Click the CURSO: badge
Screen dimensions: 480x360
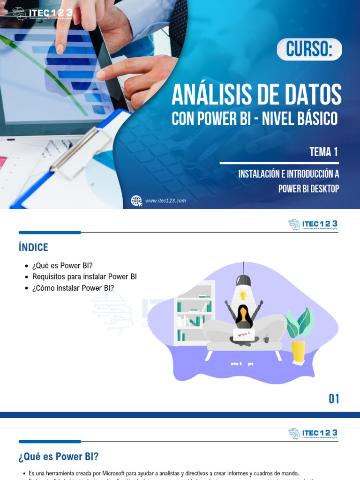click(x=309, y=49)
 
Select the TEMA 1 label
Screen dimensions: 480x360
click(x=323, y=152)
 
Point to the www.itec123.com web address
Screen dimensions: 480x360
click(x=165, y=201)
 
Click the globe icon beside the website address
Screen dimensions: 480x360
click(x=136, y=201)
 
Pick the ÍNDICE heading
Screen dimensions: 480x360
click(x=33, y=247)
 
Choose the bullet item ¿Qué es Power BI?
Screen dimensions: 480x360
click(x=62, y=266)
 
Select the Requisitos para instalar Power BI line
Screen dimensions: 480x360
click(x=84, y=277)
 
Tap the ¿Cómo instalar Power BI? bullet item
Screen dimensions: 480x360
click(x=73, y=288)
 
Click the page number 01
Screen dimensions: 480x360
click(x=334, y=399)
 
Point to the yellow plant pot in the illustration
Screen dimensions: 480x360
click(x=298, y=351)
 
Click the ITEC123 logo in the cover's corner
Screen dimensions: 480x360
click(x=42, y=14)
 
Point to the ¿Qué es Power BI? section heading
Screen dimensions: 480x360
click(x=59, y=457)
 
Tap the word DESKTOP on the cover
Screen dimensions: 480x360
click(x=322, y=188)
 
